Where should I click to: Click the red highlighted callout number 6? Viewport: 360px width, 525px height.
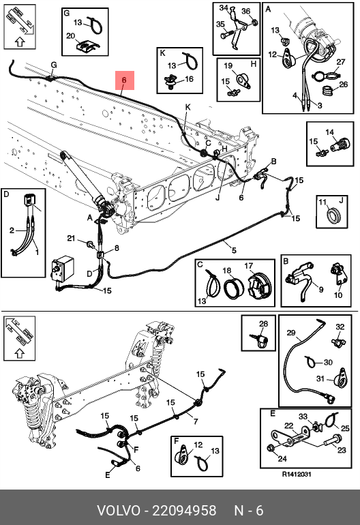coord(125,80)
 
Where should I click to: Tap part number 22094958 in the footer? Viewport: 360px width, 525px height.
coord(184,511)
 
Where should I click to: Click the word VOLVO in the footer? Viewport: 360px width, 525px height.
coord(119,511)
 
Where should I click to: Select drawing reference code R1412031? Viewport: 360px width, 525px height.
coord(297,474)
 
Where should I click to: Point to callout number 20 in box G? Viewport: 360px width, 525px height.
coord(71,35)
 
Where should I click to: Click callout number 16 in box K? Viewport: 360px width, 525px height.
coord(190,79)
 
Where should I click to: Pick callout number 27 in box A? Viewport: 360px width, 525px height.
coord(341,61)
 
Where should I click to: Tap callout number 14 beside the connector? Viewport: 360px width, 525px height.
coord(329,132)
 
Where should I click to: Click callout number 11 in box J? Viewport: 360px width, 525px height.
coord(322,202)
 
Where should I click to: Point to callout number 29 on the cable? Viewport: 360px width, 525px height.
coord(291,333)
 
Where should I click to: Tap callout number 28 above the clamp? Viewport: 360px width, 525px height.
coord(264,324)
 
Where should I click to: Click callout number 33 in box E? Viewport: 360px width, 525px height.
coord(303,417)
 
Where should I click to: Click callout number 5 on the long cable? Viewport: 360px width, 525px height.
coord(234,250)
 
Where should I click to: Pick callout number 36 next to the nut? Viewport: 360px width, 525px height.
coord(246,11)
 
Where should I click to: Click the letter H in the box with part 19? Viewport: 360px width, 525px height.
coord(253,63)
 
